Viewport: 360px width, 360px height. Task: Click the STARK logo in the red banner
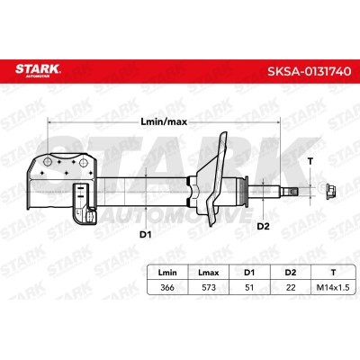(38, 70)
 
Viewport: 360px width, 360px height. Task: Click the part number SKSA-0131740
(309, 71)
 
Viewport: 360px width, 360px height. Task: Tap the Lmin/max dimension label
(164, 121)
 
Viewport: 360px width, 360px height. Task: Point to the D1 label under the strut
(145, 234)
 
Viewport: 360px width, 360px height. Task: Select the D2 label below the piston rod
(264, 226)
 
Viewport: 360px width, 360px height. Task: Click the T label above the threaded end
(310, 161)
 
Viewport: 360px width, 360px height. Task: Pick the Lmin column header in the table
(167, 273)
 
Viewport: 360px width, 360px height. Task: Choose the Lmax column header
(209, 273)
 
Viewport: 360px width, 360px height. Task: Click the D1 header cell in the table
(249, 273)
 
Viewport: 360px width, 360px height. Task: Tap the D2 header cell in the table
(291, 273)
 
